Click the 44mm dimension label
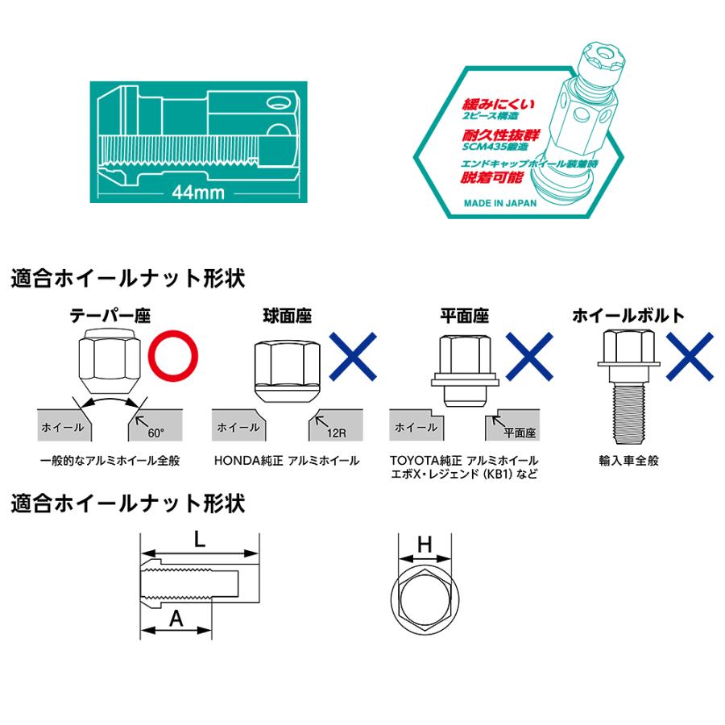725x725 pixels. [197, 193]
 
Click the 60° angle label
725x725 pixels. [155, 433]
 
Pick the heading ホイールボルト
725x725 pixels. [628, 315]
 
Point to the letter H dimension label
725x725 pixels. [425, 545]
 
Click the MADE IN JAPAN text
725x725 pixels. [499, 203]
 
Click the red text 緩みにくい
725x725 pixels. [499, 105]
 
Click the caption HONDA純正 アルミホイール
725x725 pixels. [287, 462]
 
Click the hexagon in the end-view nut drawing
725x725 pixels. [425, 594]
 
